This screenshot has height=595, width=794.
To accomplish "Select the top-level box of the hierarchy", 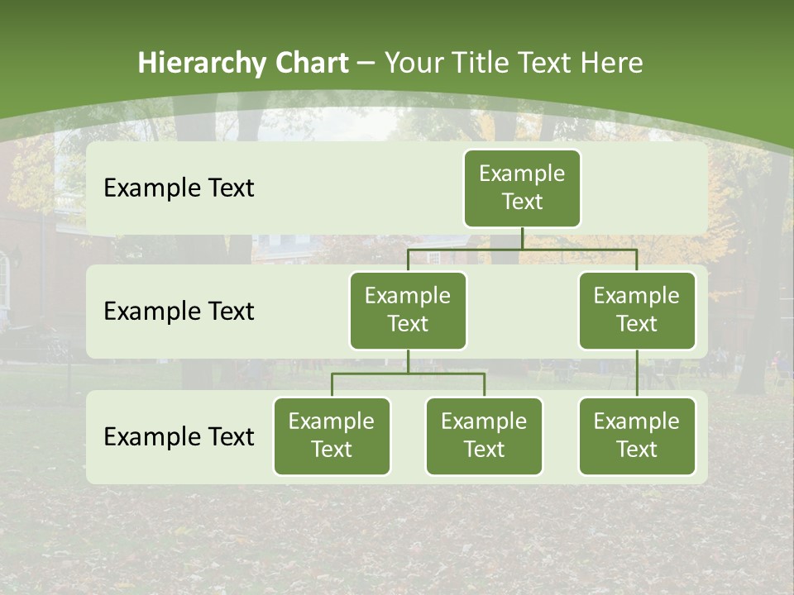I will (522, 188).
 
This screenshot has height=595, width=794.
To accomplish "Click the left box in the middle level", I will (408, 311).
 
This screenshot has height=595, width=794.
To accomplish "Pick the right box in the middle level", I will (637, 311).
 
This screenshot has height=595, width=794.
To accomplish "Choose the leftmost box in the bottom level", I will (332, 436).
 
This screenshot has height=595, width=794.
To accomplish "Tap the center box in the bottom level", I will (484, 436).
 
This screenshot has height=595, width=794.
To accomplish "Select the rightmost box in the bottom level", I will (637, 436).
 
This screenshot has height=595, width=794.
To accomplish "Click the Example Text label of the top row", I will (179, 188).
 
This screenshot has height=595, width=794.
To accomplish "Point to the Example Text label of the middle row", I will (179, 312).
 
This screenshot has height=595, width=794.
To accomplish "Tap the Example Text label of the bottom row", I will (179, 436).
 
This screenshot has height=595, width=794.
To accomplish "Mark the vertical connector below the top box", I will (522, 238).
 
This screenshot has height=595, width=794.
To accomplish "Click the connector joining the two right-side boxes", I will (637, 374).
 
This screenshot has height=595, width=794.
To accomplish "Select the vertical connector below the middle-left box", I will (408, 362).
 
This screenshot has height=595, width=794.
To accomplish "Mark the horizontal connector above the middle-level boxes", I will (522, 249).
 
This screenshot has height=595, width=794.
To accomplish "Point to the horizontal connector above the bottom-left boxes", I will (408, 374).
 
